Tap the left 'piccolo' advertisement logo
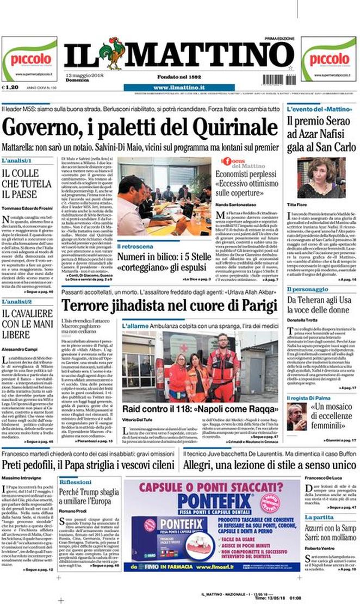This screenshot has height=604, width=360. pyautogui.click(x=30, y=59)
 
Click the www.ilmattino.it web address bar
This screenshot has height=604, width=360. pyautogui.click(x=178, y=88)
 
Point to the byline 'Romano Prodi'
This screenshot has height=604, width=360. pyautogui.click(x=75, y=512)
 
